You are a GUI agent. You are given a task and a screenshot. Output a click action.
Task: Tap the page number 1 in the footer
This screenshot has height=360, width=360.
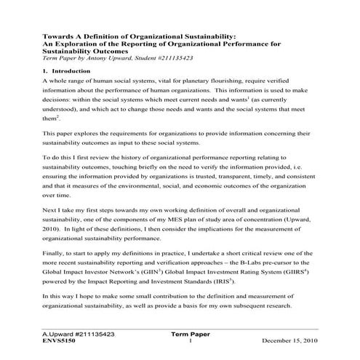pyautogui.click(x=188, y=340)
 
